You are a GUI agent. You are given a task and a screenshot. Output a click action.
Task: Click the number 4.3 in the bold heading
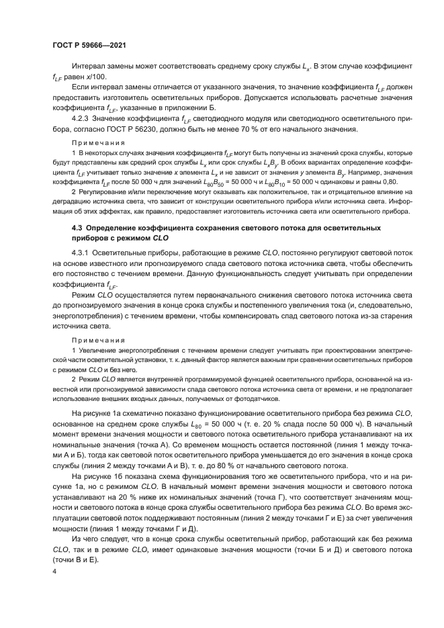[x=77, y=228]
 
